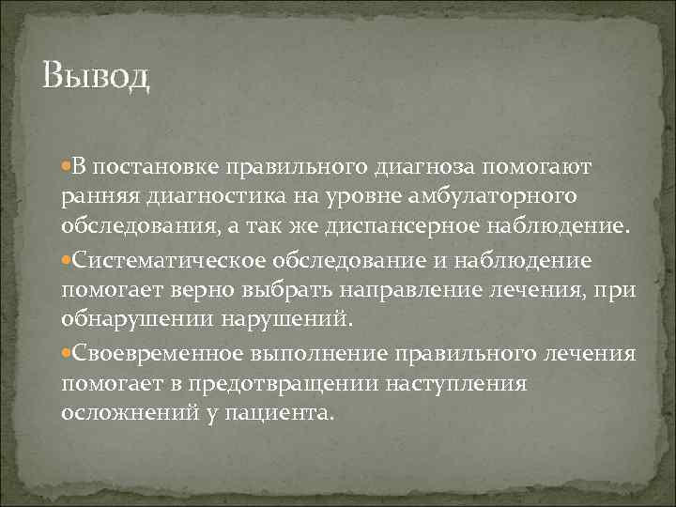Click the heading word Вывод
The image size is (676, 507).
(x=96, y=76)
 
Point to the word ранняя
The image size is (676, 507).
(x=96, y=197)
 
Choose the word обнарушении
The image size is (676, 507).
(x=137, y=319)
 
